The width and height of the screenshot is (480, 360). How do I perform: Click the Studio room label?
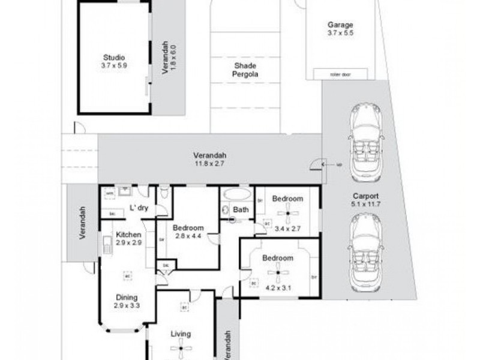pos(113,58)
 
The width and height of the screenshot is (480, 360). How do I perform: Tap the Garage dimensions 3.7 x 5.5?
pos(340,34)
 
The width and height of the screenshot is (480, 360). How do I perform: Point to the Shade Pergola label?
pos(245,71)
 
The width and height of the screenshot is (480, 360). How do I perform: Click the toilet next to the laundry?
pos(165,194)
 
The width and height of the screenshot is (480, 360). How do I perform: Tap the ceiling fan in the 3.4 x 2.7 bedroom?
pos(288,213)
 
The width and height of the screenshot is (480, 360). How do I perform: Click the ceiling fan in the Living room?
pos(182,349)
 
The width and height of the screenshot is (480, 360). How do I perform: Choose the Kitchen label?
pos(128,234)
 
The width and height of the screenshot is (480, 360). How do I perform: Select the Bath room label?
pos(241,210)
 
